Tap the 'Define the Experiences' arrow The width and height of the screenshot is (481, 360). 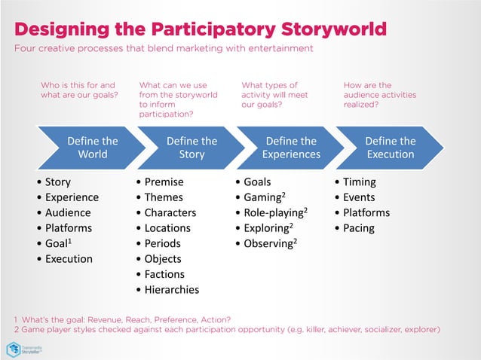click(291, 148)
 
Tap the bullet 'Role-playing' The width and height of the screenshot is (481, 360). click(274, 212)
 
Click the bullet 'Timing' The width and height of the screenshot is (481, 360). click(359, 182)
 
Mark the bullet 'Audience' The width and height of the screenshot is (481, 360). click(67, 212)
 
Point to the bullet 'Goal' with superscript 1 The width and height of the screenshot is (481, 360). click(60, 243)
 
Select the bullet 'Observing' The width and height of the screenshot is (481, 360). click(268, 243)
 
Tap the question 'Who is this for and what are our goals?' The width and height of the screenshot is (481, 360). click(78, 90)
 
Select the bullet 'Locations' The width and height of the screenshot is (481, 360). click(167, 228)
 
